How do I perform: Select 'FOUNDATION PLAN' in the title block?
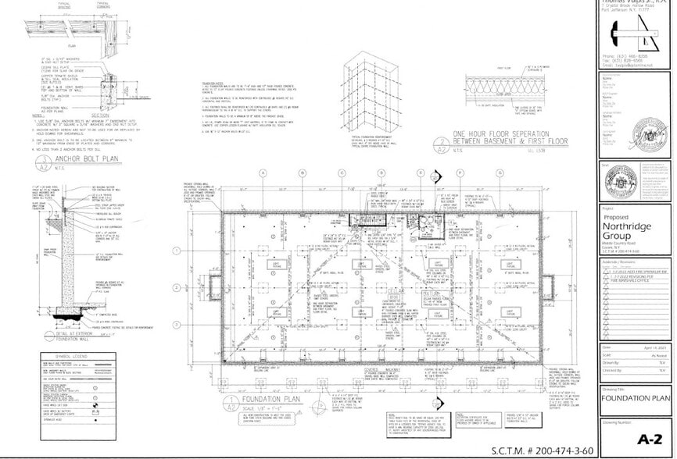coord(636,397)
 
